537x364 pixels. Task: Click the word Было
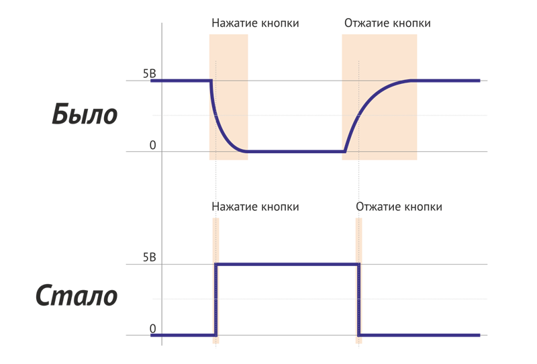[85, 115]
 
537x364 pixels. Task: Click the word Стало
[77, 296]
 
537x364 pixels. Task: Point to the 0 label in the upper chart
[152, 145]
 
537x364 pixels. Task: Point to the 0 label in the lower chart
[152, 328]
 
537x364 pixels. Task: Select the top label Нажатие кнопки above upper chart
[255, 24]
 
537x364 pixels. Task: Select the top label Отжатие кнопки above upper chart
[387, 24]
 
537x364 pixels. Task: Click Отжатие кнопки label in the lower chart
[399, 207]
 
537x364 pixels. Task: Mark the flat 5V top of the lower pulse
[287, 265]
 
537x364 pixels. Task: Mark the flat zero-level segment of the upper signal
[295, 152]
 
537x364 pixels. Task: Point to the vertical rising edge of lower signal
[216, 299]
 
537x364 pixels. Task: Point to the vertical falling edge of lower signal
[359, 299]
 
